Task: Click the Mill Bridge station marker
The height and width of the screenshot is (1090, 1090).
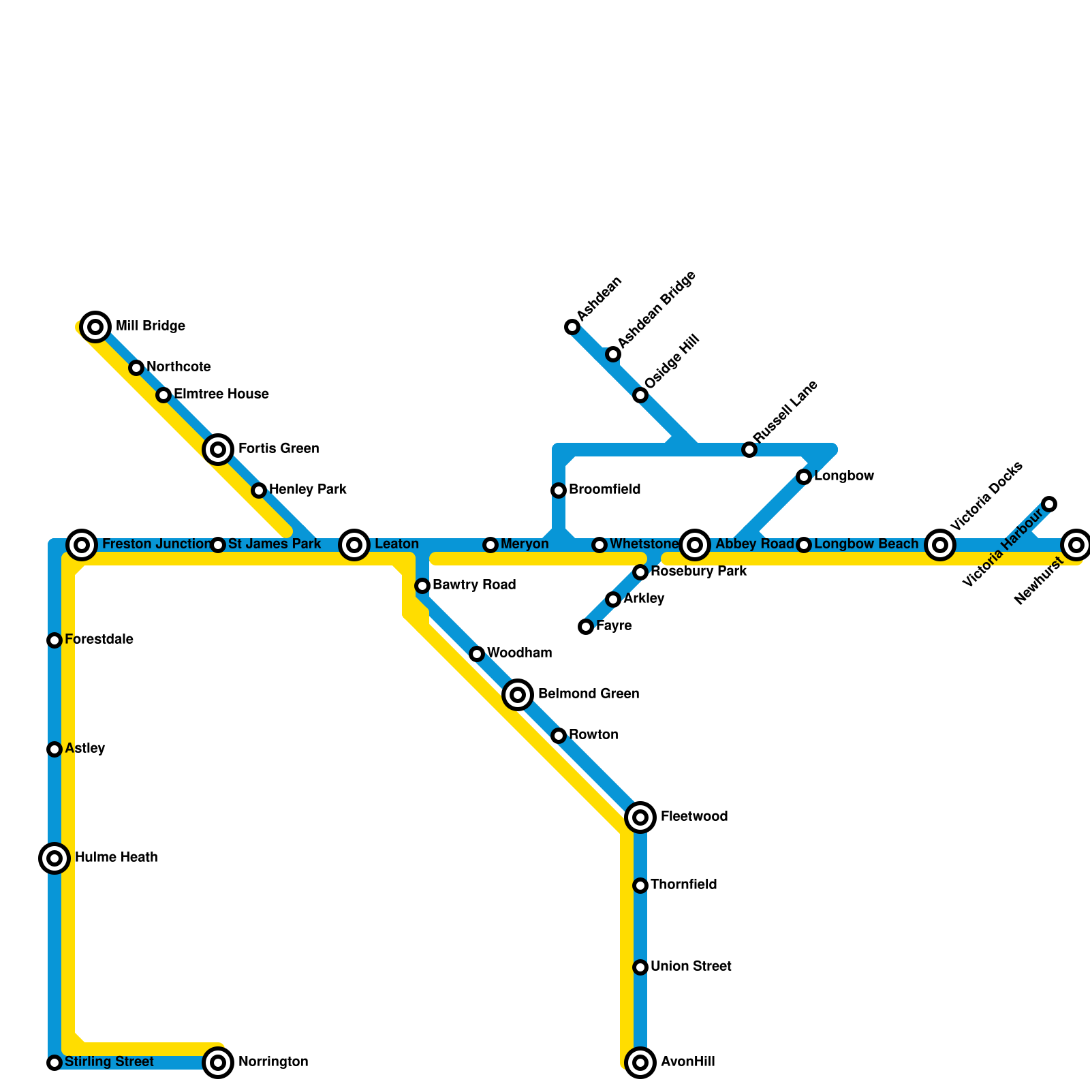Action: coord(96,327)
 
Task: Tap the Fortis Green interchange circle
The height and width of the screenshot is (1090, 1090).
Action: coord(218,449)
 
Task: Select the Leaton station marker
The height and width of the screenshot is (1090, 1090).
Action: coord(354,545)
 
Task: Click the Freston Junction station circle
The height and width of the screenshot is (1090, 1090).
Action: coord(82,545)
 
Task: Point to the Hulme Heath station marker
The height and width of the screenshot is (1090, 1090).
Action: coord(54,858)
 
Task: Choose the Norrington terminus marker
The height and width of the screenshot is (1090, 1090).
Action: coord(218,1062)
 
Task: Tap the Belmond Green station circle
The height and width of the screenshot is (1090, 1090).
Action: coord(518,695)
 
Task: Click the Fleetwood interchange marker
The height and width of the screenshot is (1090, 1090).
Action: coord(640,817)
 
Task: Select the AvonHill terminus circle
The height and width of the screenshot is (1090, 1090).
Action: coord(640,1062)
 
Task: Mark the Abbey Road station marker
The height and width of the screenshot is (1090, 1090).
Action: coord(695,545)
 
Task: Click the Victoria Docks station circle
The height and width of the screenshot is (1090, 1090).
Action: coord(940,545)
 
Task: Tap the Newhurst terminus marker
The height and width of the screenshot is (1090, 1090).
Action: coord(1076,545)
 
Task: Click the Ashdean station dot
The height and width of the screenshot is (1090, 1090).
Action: coord(572,328)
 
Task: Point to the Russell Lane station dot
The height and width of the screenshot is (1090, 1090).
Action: coord(749,450)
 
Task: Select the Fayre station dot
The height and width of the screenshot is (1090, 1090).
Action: coord(586,627)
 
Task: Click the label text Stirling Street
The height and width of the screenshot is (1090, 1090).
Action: coord(109,1062)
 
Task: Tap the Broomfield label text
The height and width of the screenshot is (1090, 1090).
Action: coord(604,490)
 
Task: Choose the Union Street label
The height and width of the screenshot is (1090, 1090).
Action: coord(691,967)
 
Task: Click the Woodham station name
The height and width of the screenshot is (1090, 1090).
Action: coord(519,653)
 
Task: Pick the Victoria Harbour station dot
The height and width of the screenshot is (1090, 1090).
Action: coord(1049,504)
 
